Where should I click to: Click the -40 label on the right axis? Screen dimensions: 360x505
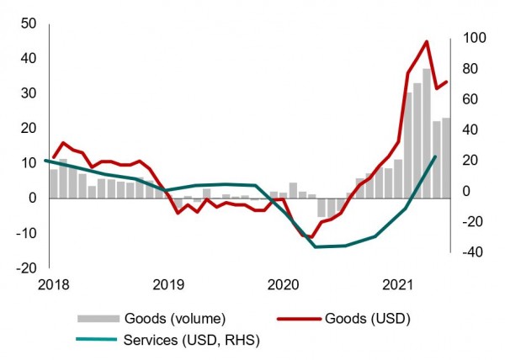click(470, 251)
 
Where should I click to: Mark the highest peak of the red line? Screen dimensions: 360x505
click(427, 41)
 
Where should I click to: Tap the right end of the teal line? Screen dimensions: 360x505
click(436, 156)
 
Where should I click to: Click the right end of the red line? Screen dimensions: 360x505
click(447, 82)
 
